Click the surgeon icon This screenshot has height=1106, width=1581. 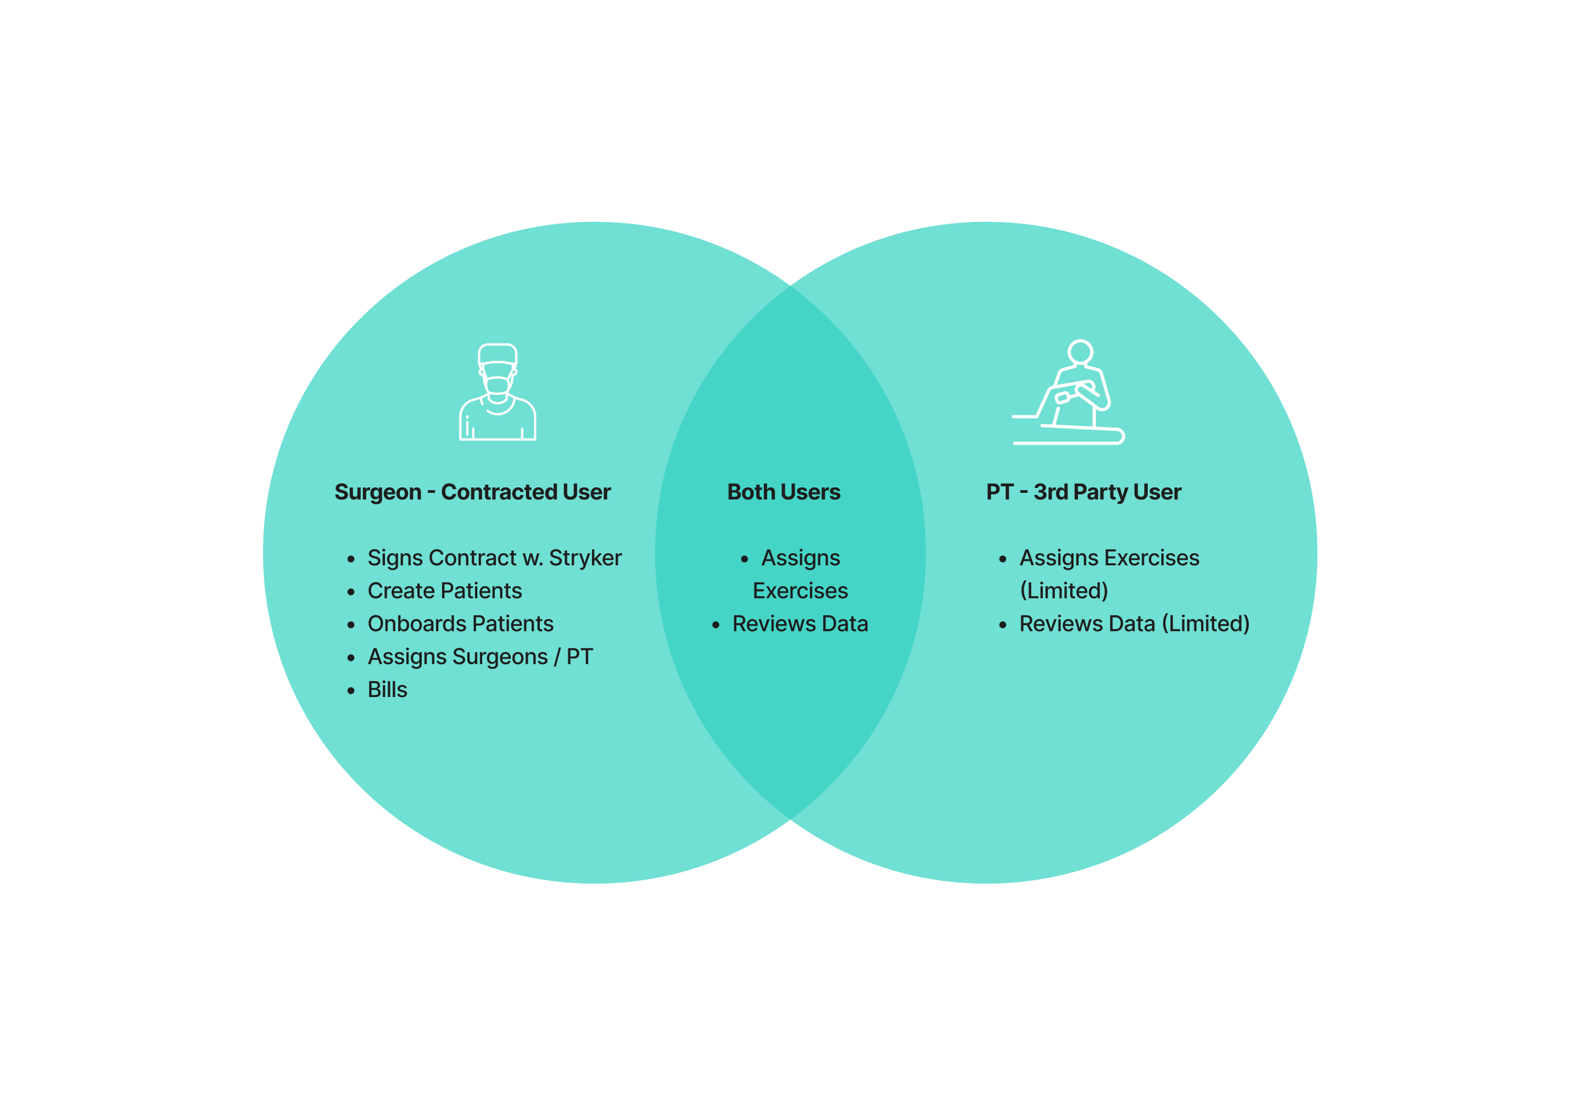coord(497,392)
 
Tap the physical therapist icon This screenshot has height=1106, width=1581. coord(1068,393)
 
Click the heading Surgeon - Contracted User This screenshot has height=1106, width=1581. coord(472,492)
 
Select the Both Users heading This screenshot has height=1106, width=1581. coord(784,492)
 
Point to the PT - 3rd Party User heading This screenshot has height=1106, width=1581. coord(1083,492)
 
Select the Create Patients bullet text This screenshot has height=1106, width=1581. coord(444,591)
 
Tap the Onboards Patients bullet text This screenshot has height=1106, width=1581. coord(460,624)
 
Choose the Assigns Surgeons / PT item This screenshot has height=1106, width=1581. coord(480,657)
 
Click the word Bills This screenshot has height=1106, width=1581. coord(387,690)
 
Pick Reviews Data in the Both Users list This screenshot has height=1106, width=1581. coord(799,624)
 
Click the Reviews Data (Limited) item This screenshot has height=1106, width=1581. coord(1133,624)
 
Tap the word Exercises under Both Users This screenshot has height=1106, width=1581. coord(800,591)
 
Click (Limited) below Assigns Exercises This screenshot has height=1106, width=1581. coord(1064,591)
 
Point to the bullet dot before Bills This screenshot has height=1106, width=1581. coord(351,691)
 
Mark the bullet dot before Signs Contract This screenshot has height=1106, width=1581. coord(351,559)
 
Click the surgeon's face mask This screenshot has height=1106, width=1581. coord(497,386)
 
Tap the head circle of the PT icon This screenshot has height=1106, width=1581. coord(1080,351)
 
